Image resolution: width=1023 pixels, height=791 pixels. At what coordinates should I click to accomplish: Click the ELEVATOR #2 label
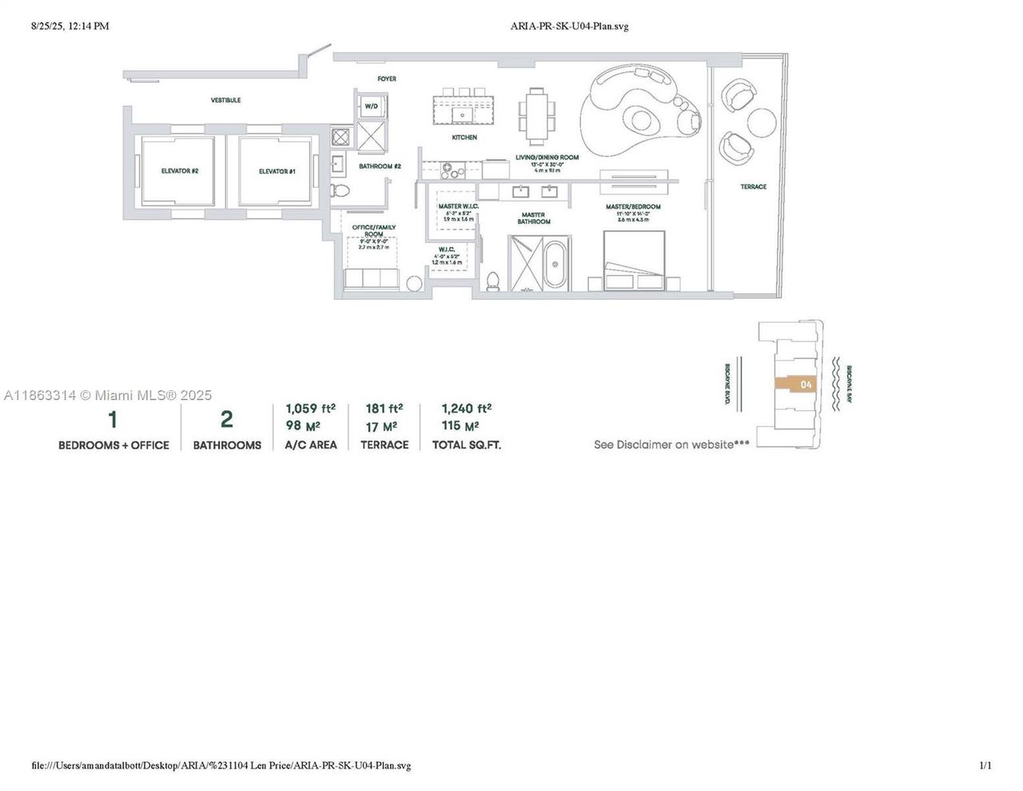[179, 171]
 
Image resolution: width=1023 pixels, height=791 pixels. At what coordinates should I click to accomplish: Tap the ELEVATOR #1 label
[277, 171]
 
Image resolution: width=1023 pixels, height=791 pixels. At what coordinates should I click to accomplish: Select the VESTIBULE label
[225, 101]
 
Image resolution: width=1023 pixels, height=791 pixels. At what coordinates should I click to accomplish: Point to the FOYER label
[387, 78]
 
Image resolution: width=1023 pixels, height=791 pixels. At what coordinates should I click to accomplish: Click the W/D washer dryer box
[372, 106]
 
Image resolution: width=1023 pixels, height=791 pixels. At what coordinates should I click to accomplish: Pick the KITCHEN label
[464, 138]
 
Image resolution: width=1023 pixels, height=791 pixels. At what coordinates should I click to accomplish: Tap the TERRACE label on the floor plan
[753, 186]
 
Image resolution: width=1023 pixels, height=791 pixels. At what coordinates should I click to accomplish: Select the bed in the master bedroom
[634, 261]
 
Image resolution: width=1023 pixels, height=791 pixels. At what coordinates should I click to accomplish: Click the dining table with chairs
[535, 112]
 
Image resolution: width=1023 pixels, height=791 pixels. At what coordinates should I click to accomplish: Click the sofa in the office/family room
[372, 279]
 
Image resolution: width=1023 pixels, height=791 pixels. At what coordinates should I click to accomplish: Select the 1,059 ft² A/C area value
[310, 408]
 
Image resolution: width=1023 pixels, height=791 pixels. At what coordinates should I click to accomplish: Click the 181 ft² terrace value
[384, 408]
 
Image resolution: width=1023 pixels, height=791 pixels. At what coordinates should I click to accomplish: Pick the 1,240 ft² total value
[466, 408]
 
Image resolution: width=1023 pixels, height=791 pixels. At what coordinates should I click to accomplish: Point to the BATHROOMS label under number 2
[227, 445]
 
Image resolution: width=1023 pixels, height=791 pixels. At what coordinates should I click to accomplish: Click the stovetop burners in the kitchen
[452, 170]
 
